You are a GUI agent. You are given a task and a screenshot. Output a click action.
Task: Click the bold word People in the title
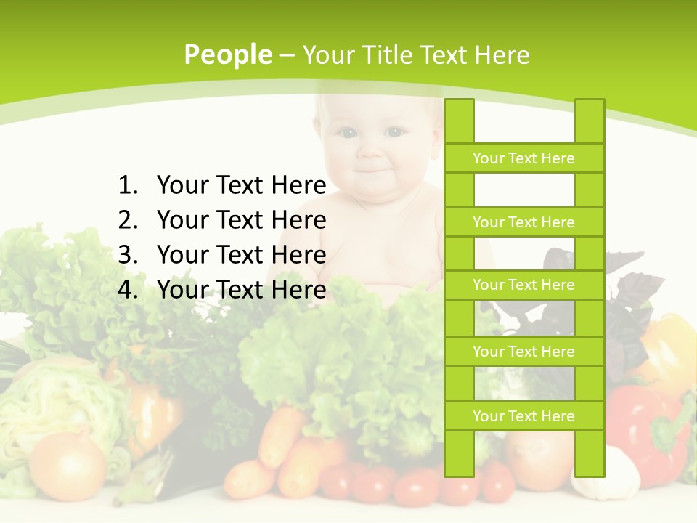228,54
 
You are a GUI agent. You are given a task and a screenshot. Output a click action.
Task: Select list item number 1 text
241,186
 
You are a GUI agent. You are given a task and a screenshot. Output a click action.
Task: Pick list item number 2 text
241,220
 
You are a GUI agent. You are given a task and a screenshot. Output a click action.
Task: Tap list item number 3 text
241,255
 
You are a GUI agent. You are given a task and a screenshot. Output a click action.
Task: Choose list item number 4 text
241,290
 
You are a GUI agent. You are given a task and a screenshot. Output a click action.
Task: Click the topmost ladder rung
523,158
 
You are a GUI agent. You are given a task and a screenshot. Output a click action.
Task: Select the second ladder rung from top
523,222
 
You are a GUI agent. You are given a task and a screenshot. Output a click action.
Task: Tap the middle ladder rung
523,285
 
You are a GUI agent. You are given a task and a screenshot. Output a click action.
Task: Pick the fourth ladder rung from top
523,352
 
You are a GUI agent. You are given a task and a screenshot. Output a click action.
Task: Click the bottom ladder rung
523,416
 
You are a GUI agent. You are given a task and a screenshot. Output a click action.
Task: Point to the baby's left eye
394,132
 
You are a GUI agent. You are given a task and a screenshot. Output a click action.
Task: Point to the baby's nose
371,151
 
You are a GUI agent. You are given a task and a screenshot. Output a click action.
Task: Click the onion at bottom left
68,465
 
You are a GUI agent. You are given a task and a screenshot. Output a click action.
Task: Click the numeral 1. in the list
128,186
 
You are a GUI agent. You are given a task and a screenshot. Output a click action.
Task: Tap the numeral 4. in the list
128,290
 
